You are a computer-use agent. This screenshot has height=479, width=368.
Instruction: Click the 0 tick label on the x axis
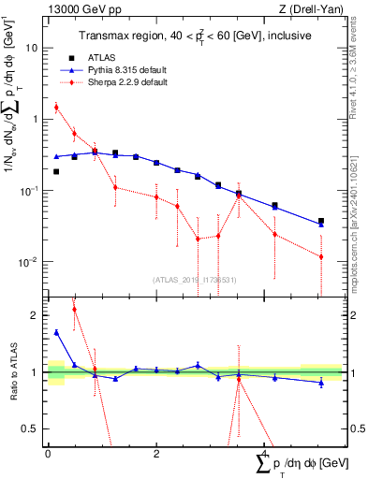[48, 453]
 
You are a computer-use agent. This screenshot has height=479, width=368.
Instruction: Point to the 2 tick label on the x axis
[155, 453]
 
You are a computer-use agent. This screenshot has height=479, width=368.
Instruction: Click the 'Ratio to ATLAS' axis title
[11, 372]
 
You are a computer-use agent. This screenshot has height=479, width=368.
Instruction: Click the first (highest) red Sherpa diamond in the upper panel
[56, 107]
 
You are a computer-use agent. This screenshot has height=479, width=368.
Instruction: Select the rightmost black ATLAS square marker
[321, 222]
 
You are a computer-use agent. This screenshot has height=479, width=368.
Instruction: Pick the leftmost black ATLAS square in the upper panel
[56, 171]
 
